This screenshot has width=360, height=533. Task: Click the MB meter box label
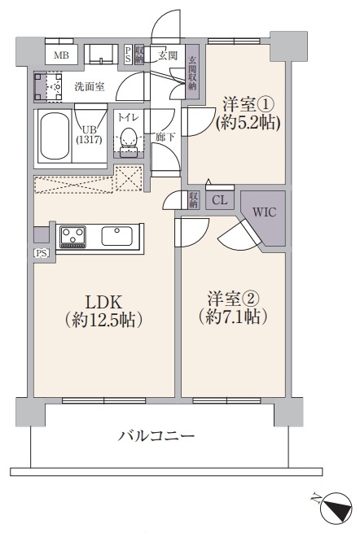click(x=61, y=55)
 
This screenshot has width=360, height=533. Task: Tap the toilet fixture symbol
click(x=128, y=142)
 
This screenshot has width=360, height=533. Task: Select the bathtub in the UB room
click(x=54, y=136)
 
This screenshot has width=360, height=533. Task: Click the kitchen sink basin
click(x=117, y=236)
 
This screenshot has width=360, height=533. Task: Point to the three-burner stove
click(x=72, y=237)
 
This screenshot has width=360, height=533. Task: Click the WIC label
click(x=264, y=212)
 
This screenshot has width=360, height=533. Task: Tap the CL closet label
click(x=219, y=200)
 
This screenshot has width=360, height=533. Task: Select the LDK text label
click(x=103, y=302)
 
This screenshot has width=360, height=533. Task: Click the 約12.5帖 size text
click(x=103, y=320)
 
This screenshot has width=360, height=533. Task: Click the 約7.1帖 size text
click(x=233, y=317)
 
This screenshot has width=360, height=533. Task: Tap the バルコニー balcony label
click(x=156, y=435)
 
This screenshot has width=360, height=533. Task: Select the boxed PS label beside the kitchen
click(x=42, y=253)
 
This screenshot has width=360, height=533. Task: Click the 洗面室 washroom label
click(x=90, y=87)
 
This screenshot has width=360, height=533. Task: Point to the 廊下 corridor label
click(x=165, y=137)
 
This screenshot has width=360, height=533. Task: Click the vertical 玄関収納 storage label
click(x=192, y=72)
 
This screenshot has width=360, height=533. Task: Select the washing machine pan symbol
click(x=48, y=87)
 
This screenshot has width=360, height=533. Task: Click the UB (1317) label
click(x=89, y=134)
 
